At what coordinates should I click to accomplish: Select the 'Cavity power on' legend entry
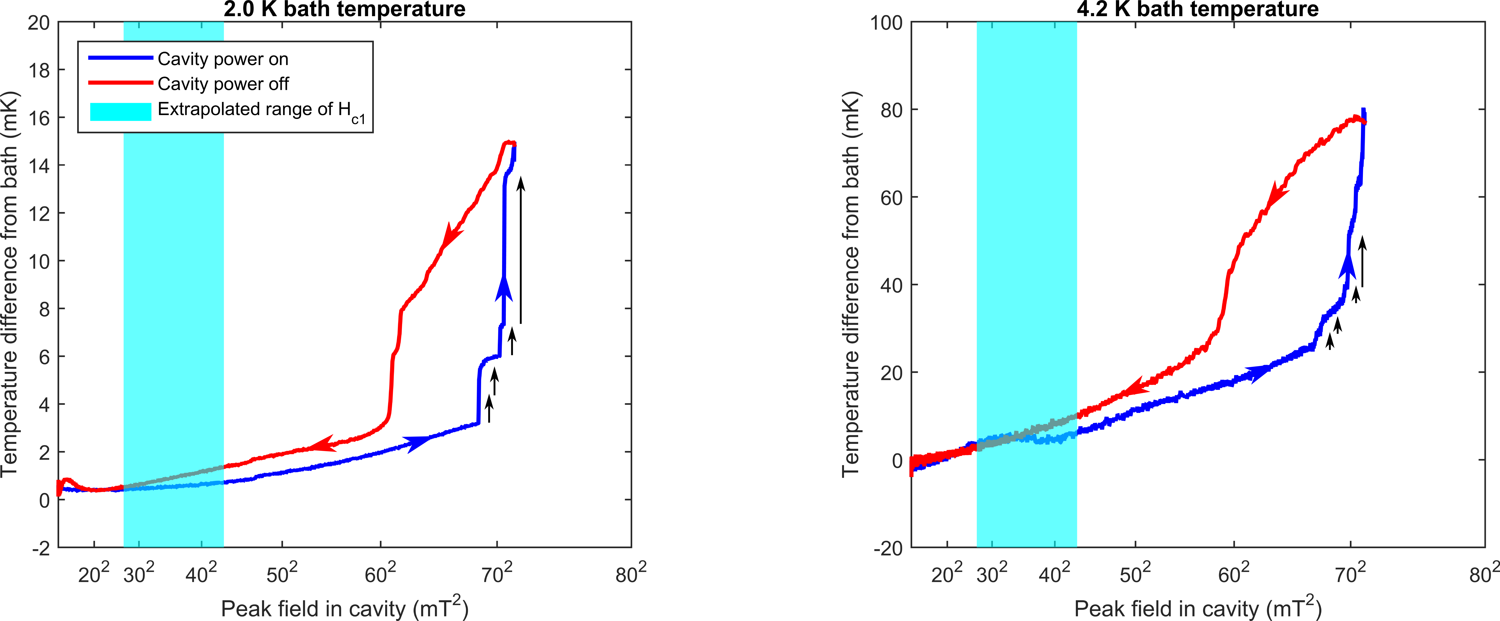[223, 59]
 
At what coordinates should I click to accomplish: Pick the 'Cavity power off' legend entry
[223, 84]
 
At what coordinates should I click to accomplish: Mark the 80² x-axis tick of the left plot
[631, 574]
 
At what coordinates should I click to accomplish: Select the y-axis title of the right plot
[851, 285]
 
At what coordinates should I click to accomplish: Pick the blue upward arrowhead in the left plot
[504, 288]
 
